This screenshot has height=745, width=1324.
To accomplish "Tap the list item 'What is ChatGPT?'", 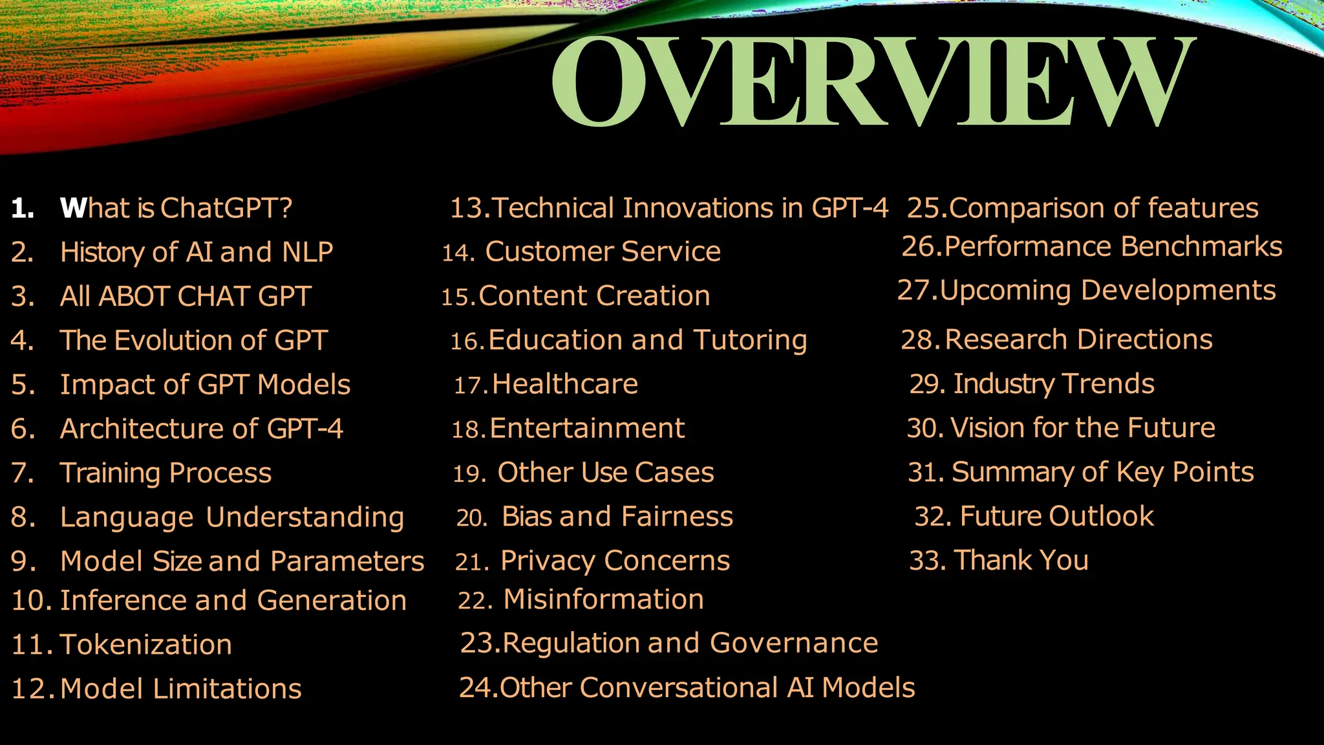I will pyautogui.click(x=176, y=208).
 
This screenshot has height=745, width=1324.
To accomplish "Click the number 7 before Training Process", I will pyautogui.click(x=22, y=473).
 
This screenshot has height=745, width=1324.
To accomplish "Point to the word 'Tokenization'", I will pyautogui.click(x=146, y=645).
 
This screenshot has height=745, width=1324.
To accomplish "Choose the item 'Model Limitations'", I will pyautogui.click(x=181, y=689).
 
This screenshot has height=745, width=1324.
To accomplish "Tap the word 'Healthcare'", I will pyautogui.click(x=565, y=384).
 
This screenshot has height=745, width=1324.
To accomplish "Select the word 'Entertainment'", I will pyautogui.click(x=587, y=428).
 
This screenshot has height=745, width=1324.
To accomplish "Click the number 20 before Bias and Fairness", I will pyautogui.click(x=472, y=517).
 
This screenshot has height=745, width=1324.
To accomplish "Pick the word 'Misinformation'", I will pyautogui.click(x=604, y=599).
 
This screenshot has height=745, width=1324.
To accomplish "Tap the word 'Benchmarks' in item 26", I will pyautogui.click(x=1201, y=247).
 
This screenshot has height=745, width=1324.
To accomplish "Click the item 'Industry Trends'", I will pyautogui.click(x=1054, y=383).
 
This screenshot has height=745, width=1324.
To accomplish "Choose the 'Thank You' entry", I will pyautogui.click(x=1021, y=560).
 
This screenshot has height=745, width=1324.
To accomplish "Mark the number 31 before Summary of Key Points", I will pyautogui.click(x=926, y=472).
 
